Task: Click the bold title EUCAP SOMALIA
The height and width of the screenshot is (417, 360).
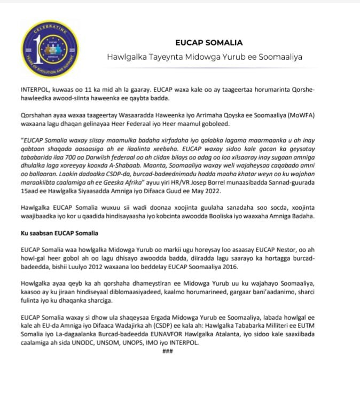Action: pos(209,42)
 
